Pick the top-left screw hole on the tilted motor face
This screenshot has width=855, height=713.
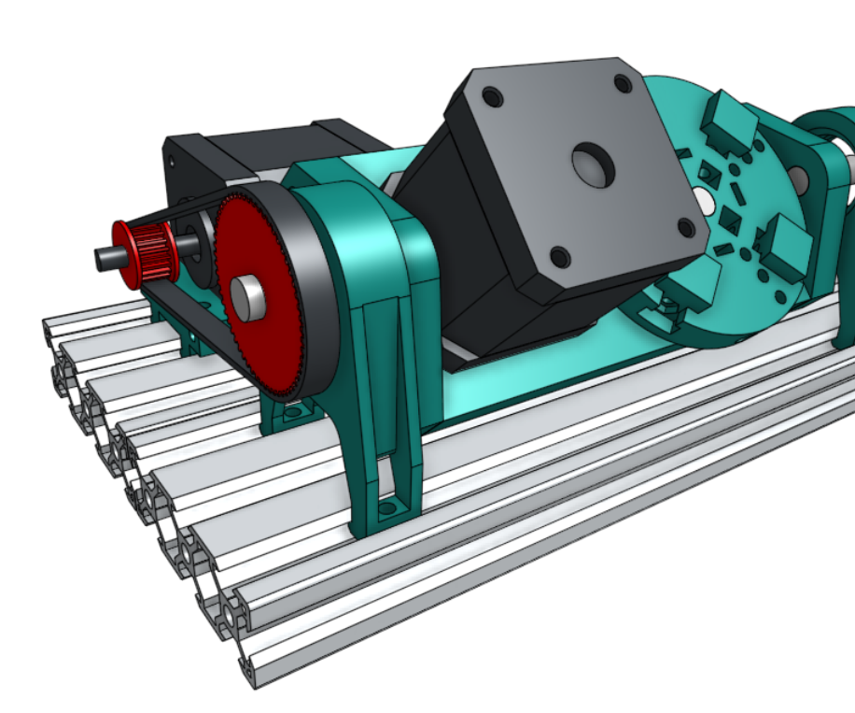pyautogui.click(x=491, y=96)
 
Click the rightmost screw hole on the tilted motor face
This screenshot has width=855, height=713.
pyautogui.click(x=686, y=227)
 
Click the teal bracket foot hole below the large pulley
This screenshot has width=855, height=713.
pyautogui.click(x=295, y=411)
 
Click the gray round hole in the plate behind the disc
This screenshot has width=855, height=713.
pyautogui.click(x=798, y=177)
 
